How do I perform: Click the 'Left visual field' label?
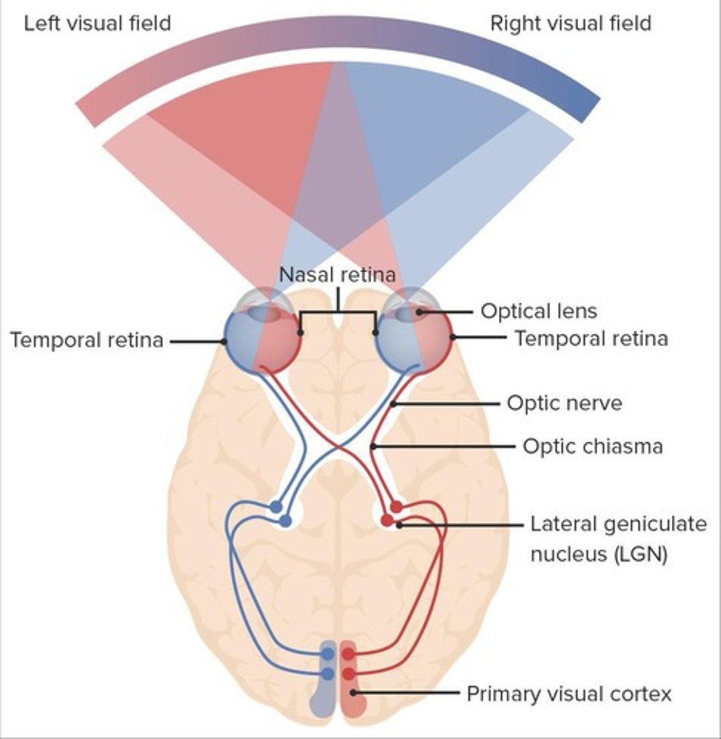click(97, 24)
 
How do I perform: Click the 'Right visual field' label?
click(570, 24)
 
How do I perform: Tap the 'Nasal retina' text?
click(337, 274)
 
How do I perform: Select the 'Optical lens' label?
click(538, 311)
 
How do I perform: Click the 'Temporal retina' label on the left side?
click(87, 339)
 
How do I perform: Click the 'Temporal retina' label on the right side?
click(591, 338)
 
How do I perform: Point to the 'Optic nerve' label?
click(564, 403)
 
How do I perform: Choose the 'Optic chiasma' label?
click(592, 446)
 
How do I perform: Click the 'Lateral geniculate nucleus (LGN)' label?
click(618, 539)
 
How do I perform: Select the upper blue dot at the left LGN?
click(276, 507)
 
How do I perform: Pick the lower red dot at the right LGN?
click(387, 521)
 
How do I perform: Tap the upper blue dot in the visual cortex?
click(328, 653)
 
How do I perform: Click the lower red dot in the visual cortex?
click(349, 674)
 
